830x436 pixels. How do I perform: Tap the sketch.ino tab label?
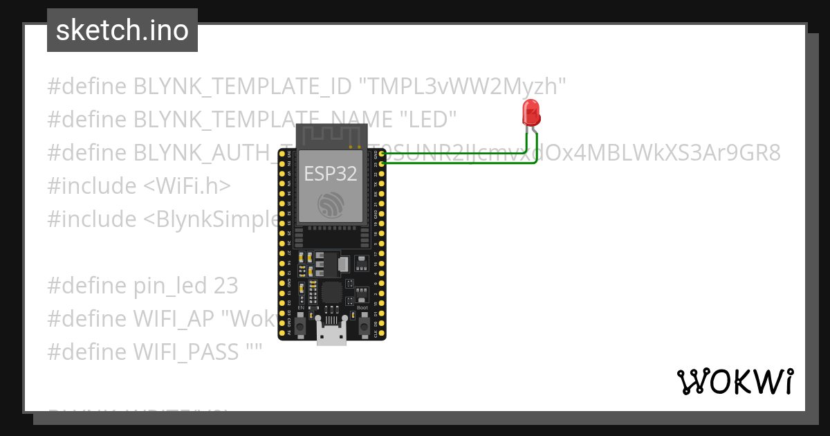point(122,30)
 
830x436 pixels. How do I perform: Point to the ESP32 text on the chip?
point(331,173)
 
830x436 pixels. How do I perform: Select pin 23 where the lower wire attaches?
point(382,164)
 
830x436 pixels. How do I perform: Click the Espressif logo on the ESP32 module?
point(331,203)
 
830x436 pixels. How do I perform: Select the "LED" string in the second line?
point(429,120)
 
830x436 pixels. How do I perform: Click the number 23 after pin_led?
point(226,286)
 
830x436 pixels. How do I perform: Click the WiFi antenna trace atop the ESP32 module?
point(331,136)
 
